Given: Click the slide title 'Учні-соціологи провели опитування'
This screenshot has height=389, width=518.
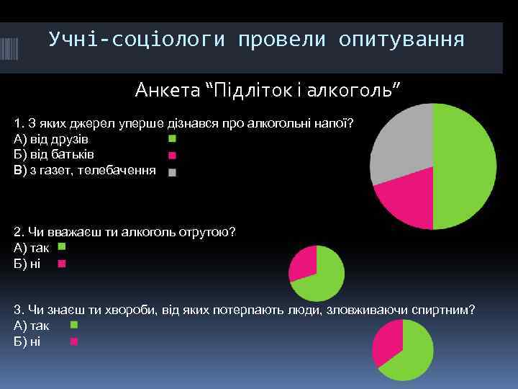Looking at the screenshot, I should [256, 40].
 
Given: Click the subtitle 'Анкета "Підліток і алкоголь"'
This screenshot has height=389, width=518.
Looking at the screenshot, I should [268, 91].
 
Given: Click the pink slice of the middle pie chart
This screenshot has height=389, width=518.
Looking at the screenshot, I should [303, 262].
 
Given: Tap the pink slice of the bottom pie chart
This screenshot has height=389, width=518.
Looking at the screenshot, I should [388, 342].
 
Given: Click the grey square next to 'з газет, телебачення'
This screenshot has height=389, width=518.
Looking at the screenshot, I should [171, 172].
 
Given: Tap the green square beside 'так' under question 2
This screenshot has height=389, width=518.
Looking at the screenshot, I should [61, 247].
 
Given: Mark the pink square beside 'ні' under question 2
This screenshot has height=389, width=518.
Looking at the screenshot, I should [61, 264].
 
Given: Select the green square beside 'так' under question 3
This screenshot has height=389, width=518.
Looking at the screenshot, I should [74, 325].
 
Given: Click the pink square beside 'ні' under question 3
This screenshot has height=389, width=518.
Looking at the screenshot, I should [74, 341].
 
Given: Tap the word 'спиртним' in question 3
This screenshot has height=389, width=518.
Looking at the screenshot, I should [445, 309].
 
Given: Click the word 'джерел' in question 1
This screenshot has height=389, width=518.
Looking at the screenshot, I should [91, 122].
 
